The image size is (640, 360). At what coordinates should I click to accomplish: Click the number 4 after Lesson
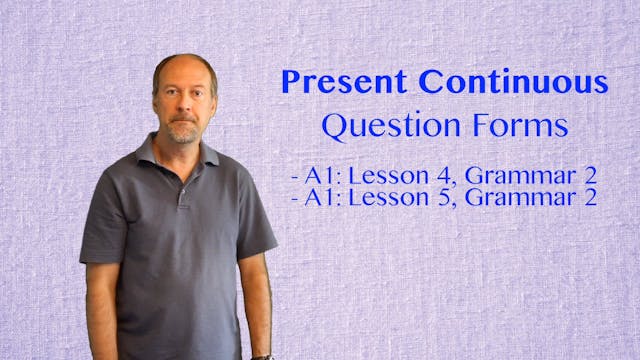tap(430, 176)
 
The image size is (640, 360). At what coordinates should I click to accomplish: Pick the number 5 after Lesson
tap(430, 197)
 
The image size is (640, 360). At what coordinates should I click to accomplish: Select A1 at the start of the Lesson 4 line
tap(320, 176)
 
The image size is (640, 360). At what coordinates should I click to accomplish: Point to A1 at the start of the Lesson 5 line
tap(320, 197)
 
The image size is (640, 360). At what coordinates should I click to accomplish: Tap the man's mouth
tap(184, 123)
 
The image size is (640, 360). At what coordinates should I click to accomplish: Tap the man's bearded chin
tap(184, 135)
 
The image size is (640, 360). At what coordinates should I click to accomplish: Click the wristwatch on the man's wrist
tap(262, 356)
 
